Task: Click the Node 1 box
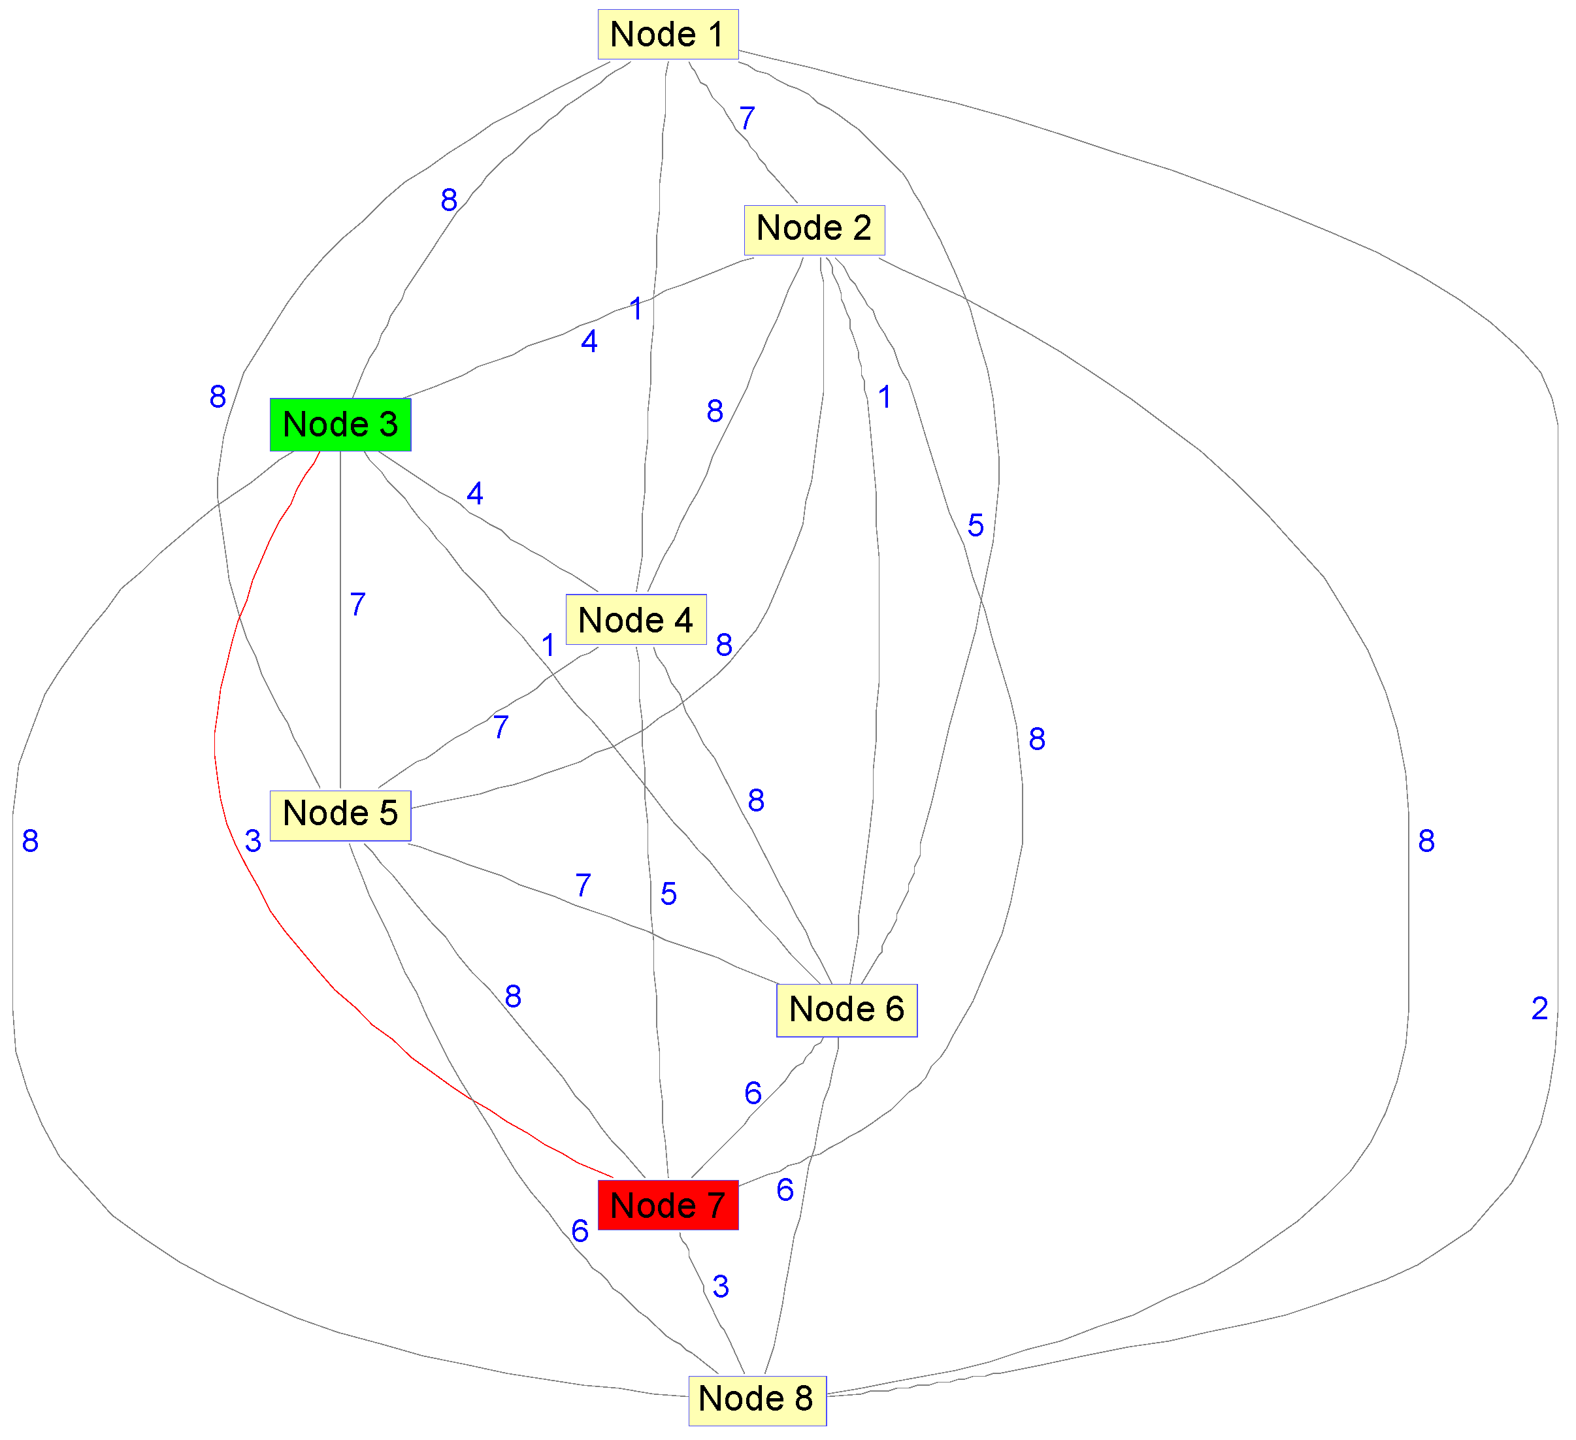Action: pos(668,35)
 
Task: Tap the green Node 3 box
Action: pos(340,425)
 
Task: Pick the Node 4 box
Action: pos(636,620)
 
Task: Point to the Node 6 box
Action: pos(846,1010)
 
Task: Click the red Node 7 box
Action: pos(668,1205)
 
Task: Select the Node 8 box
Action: pos(757,1399)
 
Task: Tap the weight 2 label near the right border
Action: pos(1539,1009)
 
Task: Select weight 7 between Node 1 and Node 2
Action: pos(747,119)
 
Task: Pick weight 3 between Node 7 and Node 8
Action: pos(720,1286)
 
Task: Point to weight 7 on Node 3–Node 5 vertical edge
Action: pos(357,604)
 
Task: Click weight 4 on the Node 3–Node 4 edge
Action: pos(474,493)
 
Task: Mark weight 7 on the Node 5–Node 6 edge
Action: pos(582,886)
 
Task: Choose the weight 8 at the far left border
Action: pos(29,841)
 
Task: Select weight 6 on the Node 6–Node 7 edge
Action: pos(752,1093)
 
